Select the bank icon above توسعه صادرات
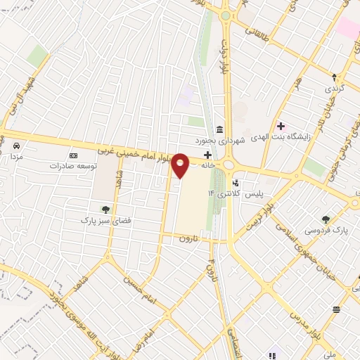click(73, 155)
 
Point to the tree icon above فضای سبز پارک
click(105, 209)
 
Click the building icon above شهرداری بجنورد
click(220, 130)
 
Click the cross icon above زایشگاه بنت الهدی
click(281, 127)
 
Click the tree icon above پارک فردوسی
click(325, 219)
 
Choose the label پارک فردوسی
click(326, 230)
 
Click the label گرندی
click(332, 90)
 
